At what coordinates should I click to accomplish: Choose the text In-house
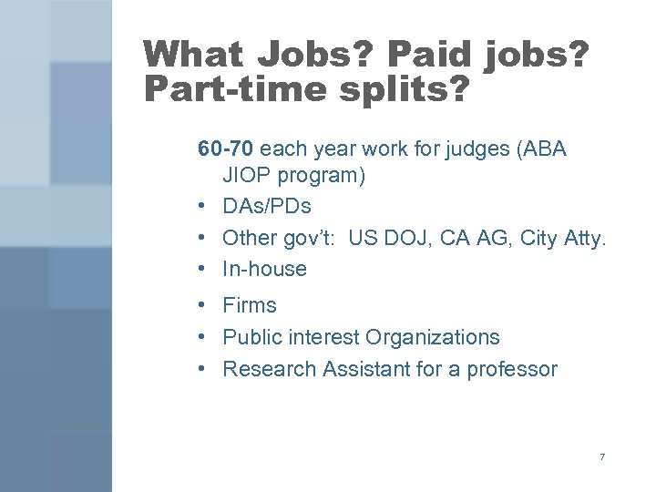point(264,269)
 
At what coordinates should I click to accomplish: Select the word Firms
point(250,305)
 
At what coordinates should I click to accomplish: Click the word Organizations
point(432,337)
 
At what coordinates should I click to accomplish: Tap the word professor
point(513,369)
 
